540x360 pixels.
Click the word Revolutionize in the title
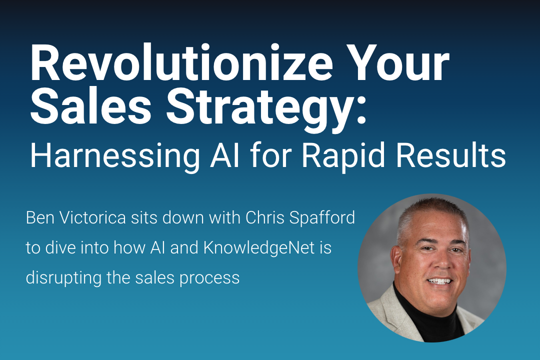click(181, 62)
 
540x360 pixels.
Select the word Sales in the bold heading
click(91, 105)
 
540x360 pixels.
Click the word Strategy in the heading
click(257, 109)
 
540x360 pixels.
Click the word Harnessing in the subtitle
click(115, 155)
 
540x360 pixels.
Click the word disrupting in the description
click(63, 278)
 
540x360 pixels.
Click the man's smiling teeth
click(438, 281)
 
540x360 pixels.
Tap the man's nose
click(442, 263)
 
